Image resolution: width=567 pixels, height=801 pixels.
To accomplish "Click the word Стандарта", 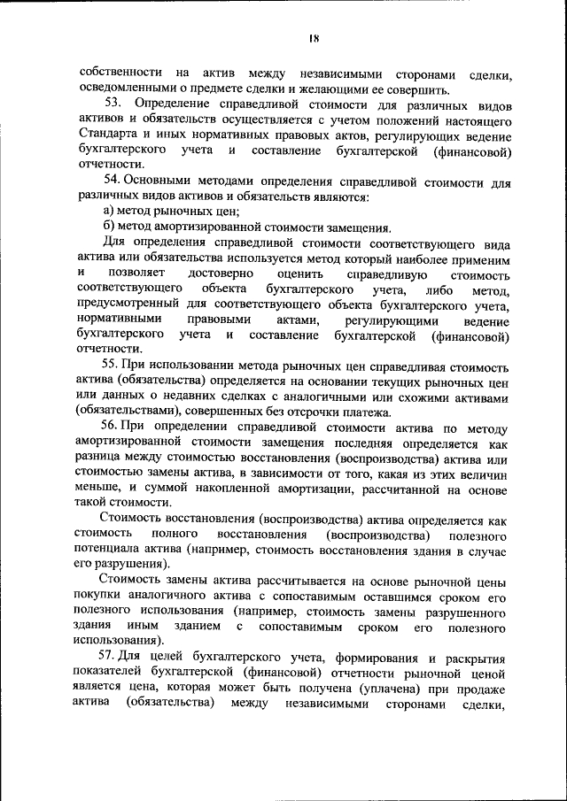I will coord(108,135).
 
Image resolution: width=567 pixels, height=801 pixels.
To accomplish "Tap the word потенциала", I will coord(113,551).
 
